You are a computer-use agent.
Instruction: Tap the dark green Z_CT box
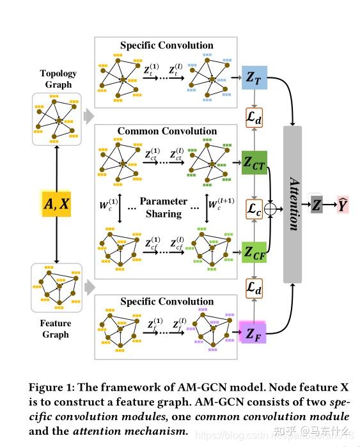pos(254,163)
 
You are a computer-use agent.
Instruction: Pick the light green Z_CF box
pos(254,252)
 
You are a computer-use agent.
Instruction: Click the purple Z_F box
pos(254,333)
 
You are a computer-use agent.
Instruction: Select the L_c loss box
pos(254,208)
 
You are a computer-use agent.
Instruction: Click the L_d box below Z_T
pos(254,118)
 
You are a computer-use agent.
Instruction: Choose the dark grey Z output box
pos(317,205)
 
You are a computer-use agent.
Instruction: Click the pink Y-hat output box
pos(343,205)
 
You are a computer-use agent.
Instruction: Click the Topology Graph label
pos(58,79)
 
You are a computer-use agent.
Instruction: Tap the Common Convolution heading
pos(167,131)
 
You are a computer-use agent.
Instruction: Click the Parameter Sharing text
pos(164,207)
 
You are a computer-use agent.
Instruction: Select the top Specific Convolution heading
pos(167,45)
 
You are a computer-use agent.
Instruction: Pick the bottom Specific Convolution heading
pos(167,301)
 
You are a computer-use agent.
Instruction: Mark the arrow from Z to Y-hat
pos(328,205)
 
